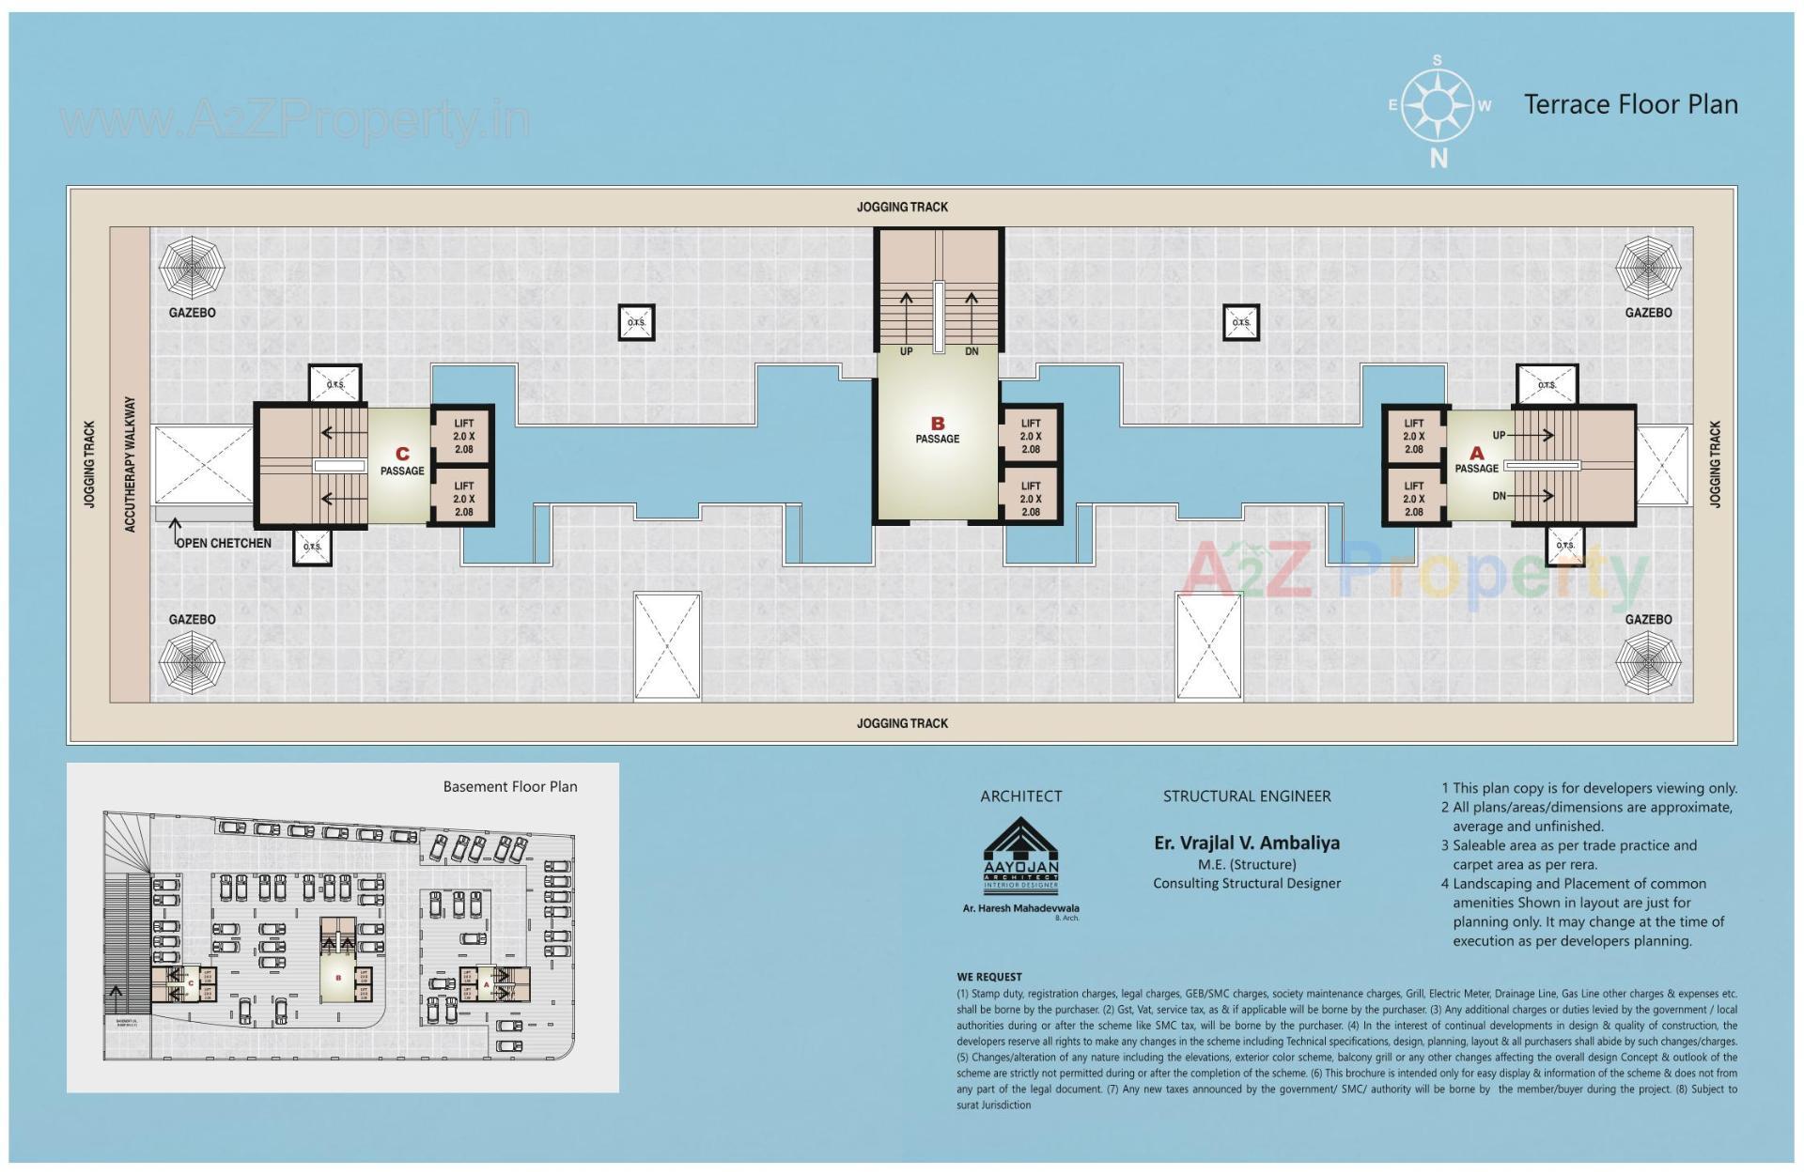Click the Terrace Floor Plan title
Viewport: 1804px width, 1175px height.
(1630, 104)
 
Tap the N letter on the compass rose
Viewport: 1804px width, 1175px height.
(1438, 159)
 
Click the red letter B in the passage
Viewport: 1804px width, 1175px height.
(937, 424)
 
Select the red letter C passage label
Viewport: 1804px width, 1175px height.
(402, 454)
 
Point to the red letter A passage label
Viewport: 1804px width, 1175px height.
(1476, 453)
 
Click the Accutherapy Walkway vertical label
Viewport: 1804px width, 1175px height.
(131, 464)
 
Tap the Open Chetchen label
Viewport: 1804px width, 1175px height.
(224, 543)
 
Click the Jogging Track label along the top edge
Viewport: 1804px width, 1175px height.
(902, 207)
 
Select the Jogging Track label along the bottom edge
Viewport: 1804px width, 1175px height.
(902, 723)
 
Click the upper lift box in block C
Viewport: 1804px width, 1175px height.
(463, 436)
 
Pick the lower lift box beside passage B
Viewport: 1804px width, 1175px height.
(1030, 499)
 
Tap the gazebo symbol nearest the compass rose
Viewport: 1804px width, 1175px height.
(1648, 268)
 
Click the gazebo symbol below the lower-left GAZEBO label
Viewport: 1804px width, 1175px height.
(192, 662)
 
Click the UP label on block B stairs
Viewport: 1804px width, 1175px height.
(906, 351)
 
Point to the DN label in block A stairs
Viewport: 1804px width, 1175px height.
(1499, 496)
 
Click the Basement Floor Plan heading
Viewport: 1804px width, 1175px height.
(510, 787)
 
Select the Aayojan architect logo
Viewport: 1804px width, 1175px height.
(1020, 855)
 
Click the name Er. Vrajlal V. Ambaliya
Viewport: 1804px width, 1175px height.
(1247, 843)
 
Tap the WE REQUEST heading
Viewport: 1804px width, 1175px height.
(988, 977)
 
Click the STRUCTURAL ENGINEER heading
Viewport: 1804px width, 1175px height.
(1247, 796)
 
